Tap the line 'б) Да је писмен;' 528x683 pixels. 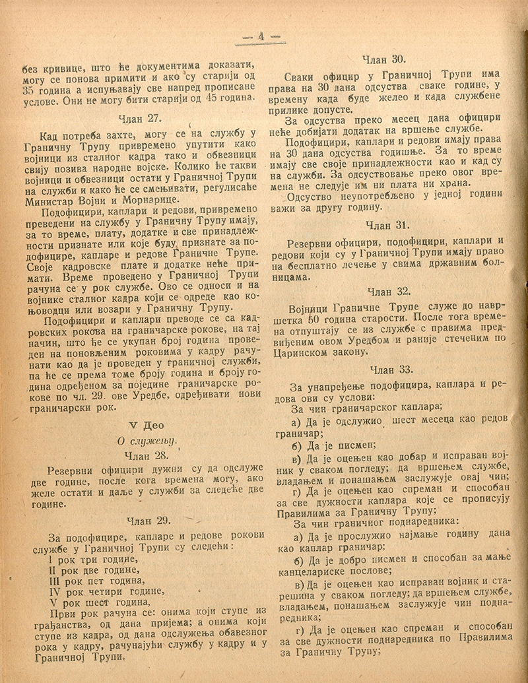click(x=327, y=443)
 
